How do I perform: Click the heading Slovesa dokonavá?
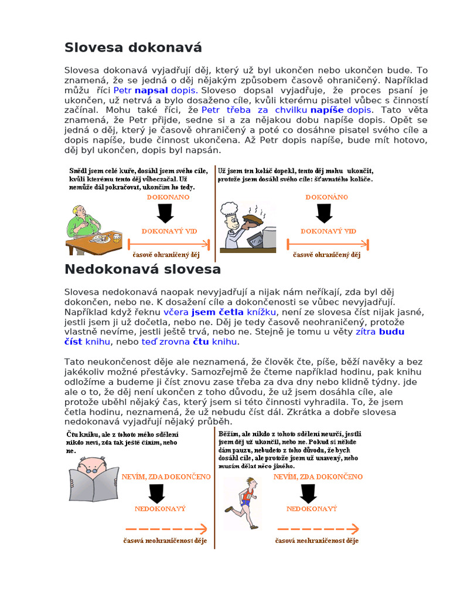(133, 48)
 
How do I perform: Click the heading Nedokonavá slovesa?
(142, 269)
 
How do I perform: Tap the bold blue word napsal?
(151, 91)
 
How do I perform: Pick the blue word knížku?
(261, 312)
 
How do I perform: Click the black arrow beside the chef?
(325, 213)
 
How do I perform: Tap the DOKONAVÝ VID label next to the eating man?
(169, 231)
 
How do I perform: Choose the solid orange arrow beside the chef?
(327, 244)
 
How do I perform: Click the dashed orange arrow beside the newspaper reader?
(166, 528)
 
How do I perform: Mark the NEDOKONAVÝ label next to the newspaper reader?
(160, 509)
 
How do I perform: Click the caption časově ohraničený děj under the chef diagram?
(326, 255)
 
